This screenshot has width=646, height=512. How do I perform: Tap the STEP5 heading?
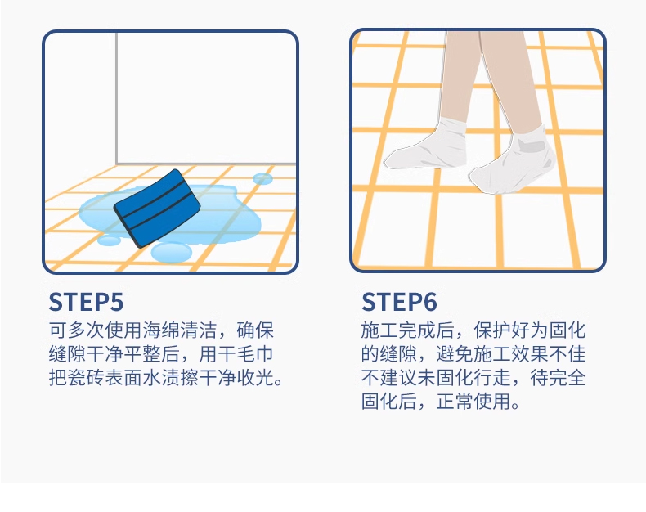(x=86, y=302)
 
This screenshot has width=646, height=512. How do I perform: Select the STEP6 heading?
(x=399, y=302)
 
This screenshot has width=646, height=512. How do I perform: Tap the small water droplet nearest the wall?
(x=262, y=178)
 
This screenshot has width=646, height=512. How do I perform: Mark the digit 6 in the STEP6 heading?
(x=429, y=302)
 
